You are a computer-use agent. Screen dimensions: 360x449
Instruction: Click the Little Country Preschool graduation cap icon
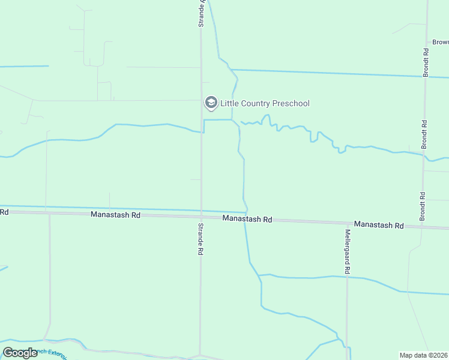211,103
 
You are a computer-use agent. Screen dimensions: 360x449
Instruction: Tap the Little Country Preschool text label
265,103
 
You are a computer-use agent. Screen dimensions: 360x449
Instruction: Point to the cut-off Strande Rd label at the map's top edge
202,13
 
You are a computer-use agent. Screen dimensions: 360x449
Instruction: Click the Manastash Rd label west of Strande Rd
115,214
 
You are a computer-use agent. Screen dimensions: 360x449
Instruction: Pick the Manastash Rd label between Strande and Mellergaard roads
247,219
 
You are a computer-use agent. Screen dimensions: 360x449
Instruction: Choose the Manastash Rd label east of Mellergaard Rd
379,224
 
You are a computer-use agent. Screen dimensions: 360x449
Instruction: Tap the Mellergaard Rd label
347,252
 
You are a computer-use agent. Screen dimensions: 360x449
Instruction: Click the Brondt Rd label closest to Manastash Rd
423,206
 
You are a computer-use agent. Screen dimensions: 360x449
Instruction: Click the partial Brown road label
440,43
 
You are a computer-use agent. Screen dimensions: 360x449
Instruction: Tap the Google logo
20,353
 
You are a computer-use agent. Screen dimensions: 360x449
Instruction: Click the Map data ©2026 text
423,355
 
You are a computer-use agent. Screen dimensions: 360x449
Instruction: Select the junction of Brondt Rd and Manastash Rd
423,226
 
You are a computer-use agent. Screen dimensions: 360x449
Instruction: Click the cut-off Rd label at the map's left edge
4,212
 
